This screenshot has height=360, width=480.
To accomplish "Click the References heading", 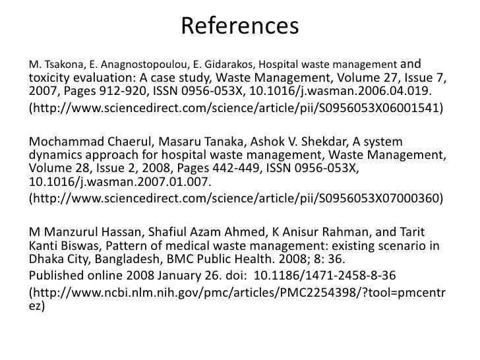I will pos(239,26).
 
